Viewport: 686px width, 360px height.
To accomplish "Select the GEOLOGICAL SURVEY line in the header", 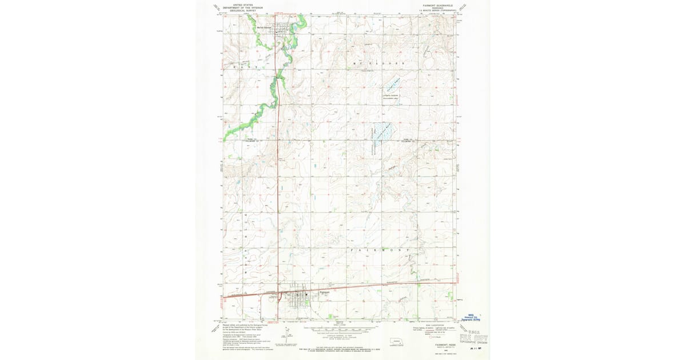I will [x=244, y=10].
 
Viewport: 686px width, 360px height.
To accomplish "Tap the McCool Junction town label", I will [x=264, y=27].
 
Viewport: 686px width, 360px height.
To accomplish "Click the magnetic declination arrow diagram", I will [x=284, y=335].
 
